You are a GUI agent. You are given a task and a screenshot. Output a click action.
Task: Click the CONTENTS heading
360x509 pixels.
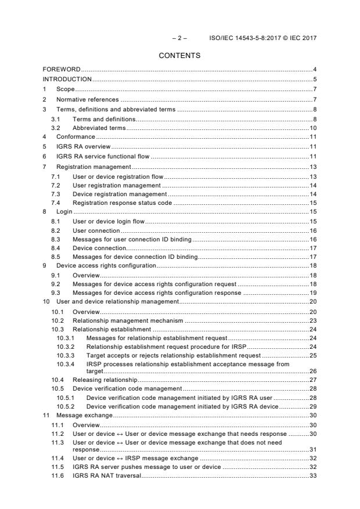coord(179,56)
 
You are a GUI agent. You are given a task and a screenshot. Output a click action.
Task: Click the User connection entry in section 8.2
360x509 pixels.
coord(96,230)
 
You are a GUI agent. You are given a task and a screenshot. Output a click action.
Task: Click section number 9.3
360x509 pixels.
coord(55,293)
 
